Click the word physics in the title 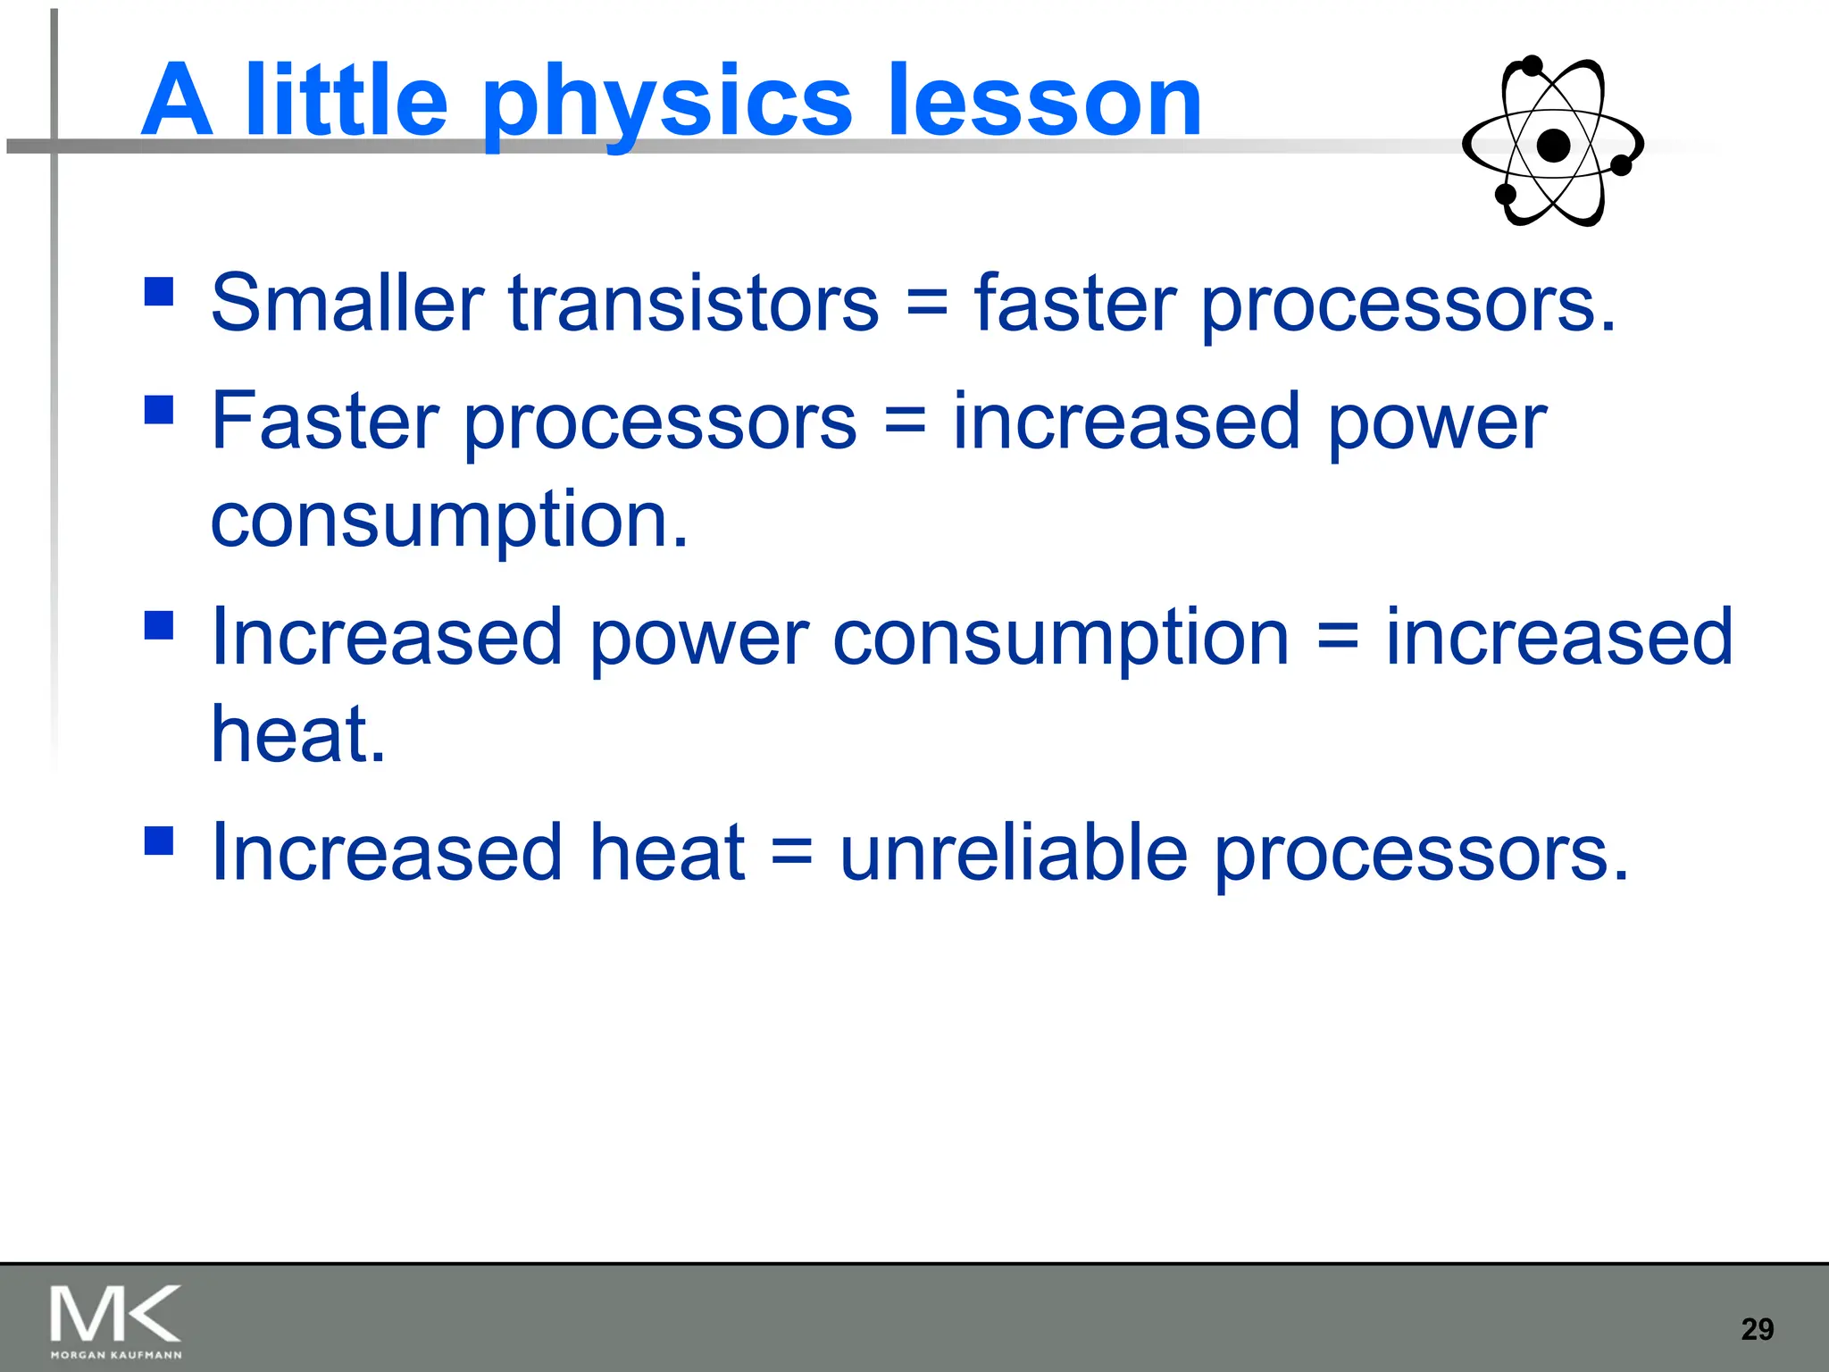point(666,105)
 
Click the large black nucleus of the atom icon point(1554,145)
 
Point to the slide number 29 point(1757,1329)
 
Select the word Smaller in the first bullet point(347,304)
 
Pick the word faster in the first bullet point(1075,304)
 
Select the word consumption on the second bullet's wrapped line point(449,521)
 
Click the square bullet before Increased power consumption point(159,625)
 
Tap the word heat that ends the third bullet point(297,734)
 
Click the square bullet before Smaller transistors point(159,291)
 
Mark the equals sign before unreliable point(791,852)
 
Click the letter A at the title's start point(178,102)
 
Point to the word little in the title point(346,102)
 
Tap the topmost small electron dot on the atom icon point(1533,66)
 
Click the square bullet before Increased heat point(159,841)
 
